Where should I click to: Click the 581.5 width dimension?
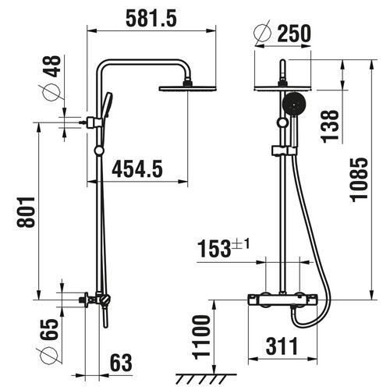tap(151, 19)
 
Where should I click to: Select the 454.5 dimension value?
tap(137, 169)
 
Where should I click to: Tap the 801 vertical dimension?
tap(27, 212)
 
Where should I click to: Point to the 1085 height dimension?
tap(360, 179)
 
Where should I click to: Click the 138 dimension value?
tap(331, 126)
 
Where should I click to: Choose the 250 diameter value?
tap(294, 34)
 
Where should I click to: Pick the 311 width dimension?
tap(282, 346)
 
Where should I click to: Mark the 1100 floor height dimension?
tap(201, 337)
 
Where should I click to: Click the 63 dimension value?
tap(121, 363)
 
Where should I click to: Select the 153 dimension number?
tap(214, 249)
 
